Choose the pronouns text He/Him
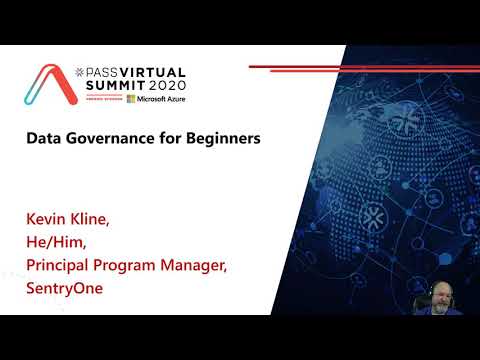pos(61,240)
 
